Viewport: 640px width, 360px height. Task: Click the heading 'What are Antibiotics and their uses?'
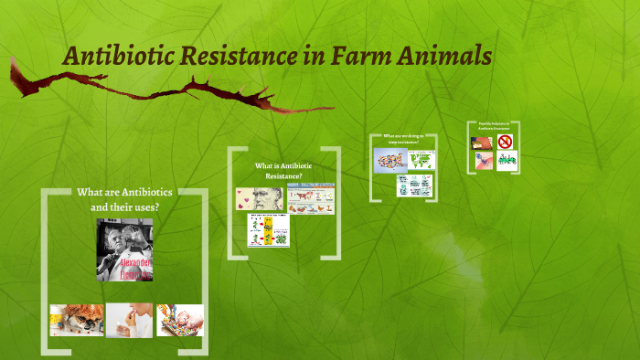(125, 199)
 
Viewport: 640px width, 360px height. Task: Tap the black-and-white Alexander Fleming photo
(125, 249)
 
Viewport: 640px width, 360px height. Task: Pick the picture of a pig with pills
(179, 320)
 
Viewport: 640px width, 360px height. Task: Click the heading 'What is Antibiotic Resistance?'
(283, 170)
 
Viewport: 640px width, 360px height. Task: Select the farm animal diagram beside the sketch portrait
(311, 198)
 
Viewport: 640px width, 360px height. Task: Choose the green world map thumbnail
(421, 159)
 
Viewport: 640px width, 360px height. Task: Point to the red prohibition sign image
(505, 142)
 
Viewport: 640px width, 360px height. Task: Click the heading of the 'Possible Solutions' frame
(493, 127)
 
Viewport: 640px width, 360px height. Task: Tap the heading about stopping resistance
(403, 140)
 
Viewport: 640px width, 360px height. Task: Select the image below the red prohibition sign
(506, 160)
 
